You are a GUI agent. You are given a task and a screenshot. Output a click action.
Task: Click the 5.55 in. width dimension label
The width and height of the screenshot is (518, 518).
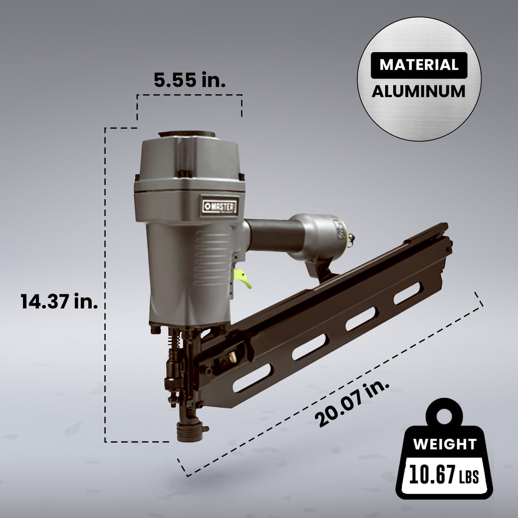click(189, 80)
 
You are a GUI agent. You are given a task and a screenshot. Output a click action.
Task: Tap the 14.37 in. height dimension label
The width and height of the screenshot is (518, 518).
click(59, 302)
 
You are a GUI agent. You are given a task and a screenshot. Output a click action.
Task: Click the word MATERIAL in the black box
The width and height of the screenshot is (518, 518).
click(419, 65)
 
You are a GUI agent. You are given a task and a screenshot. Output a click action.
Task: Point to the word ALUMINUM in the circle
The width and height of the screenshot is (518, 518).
click(419, 91)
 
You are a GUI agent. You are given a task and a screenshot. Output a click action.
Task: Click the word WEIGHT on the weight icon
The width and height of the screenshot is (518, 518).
click(445, 444)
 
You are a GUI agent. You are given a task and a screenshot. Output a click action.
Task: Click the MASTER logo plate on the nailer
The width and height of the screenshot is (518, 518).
click(219, 206)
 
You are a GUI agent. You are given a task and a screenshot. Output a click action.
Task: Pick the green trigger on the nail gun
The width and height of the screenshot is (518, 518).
click(243, 279)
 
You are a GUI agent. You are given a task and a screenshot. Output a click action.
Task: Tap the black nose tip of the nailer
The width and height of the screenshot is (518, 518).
click(188, 431)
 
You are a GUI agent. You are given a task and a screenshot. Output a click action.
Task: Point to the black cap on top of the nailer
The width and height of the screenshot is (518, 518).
click(187, 134)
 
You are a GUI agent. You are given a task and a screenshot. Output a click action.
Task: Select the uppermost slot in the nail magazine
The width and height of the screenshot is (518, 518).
click(407, 293)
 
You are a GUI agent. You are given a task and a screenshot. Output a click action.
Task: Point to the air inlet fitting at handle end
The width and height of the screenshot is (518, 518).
click(350, 240)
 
